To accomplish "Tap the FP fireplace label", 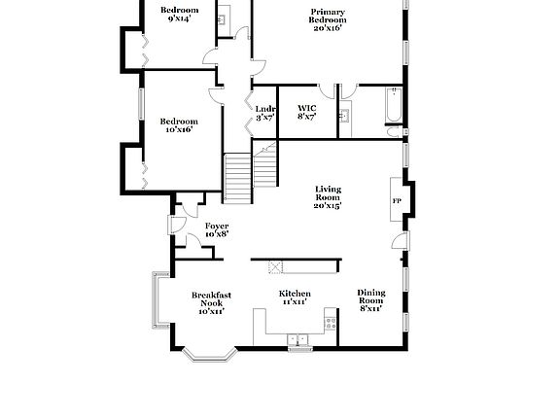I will coord(396,201).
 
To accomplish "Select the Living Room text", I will coord(328,193).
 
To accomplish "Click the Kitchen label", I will coord(295,294).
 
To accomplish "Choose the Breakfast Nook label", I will coord(211,298).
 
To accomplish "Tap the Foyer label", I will coord(217,226).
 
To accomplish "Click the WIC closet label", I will coord(307,108).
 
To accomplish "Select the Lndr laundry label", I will coord(265,109).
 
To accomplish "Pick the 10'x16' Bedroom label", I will coord(179,122).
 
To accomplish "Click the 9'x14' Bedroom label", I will coord(179,10).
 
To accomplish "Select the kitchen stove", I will coord(332,323).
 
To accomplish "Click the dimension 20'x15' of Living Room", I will coord(328,206).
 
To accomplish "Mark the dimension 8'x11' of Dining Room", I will coord(371,308).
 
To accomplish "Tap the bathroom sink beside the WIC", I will coord(344,116).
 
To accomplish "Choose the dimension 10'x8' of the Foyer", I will coord(217,234).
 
